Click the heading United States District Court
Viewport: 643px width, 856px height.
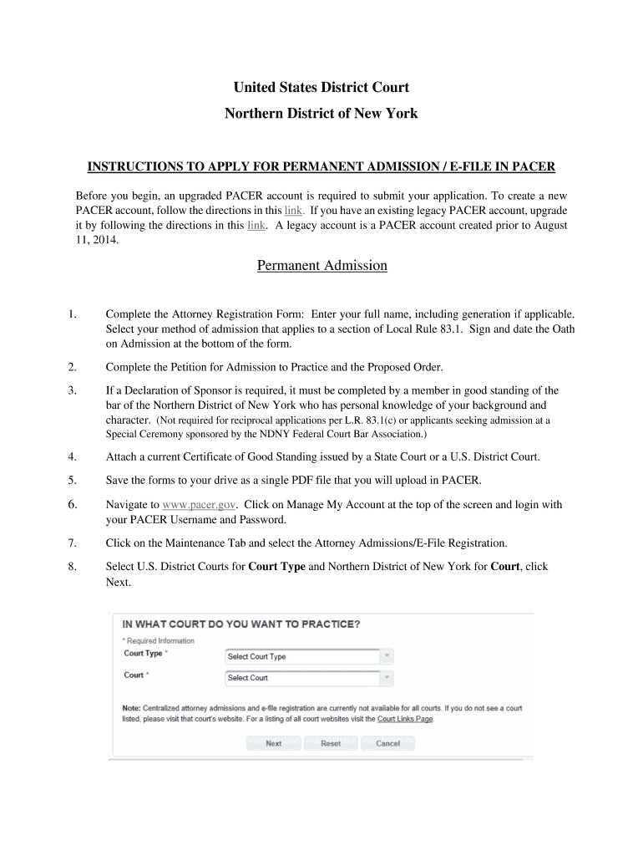click(x=321, y=88)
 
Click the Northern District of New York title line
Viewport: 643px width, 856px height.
click(x=321, y=114)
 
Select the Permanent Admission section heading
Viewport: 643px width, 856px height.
click(x=321, y=266)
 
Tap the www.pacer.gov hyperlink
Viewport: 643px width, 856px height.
click(x=200, y=505)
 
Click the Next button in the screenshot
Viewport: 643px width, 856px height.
click(x=273, y=743)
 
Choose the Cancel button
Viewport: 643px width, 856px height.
click(x=387, y=743)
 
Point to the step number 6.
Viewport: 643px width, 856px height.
click(x=73, y=505)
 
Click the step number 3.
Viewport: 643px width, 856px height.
click(x=73, y=390)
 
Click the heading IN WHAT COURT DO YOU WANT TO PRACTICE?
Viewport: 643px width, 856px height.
click(x=241, y=624)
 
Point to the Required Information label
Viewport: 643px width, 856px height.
click(x=160, y=640)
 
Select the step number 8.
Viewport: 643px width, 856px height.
click(x=73, y=567)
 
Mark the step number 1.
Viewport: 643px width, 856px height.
click(x=73, y=314)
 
